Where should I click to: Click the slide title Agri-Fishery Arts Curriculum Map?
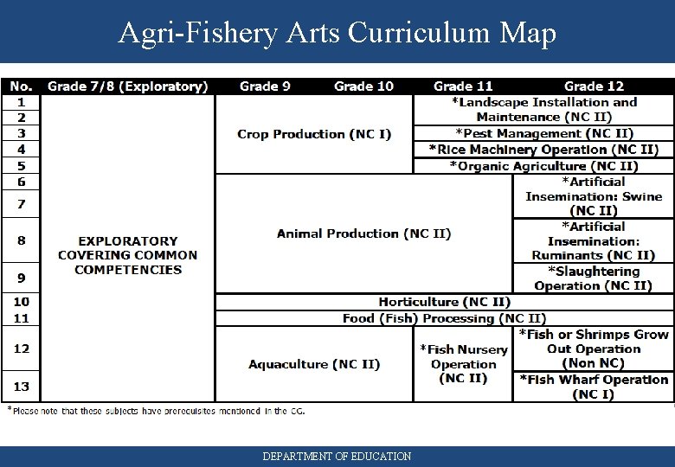pyautogui.click(x=337, y=32)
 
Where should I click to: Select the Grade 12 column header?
pyautogui.click(x=594, y=86)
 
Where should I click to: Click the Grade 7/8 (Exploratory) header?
pyautogui.click(x=128, y=86)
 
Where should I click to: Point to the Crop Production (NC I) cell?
pyautogui.click(x=314, y=134)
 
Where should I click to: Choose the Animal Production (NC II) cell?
pyautogui.click(x=363, y=233)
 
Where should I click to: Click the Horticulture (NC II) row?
pyautogui.click(x=444, y=302)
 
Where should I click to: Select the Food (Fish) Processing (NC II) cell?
pyautogui.click(x=444, y=318)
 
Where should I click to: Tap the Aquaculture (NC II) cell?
pyautogui.click(x=314, y=364)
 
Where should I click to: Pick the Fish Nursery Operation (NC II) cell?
pyautogui.click(x=463, y=364)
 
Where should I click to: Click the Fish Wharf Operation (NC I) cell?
pyautogui.click(x=594, y=387)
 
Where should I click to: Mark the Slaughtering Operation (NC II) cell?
pyautogui.click(x=594, y=278)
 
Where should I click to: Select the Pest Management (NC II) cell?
pyautogui.click(x=544, y=133)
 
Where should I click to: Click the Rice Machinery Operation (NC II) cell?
pyautogui.click(x=544, y=150)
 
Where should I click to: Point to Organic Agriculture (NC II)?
pyautogui.click(x=544, y=166)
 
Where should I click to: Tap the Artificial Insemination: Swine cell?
pyautogui.click(x=594, y=196)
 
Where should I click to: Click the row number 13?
pyautogui.click(x=21, y=387)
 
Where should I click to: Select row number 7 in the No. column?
pyautogui.click(x=21, y=204)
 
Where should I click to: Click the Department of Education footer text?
pyautogui.click(x=337, y=456)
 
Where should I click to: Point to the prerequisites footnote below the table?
pyautogui.click(x=156, y=411)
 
